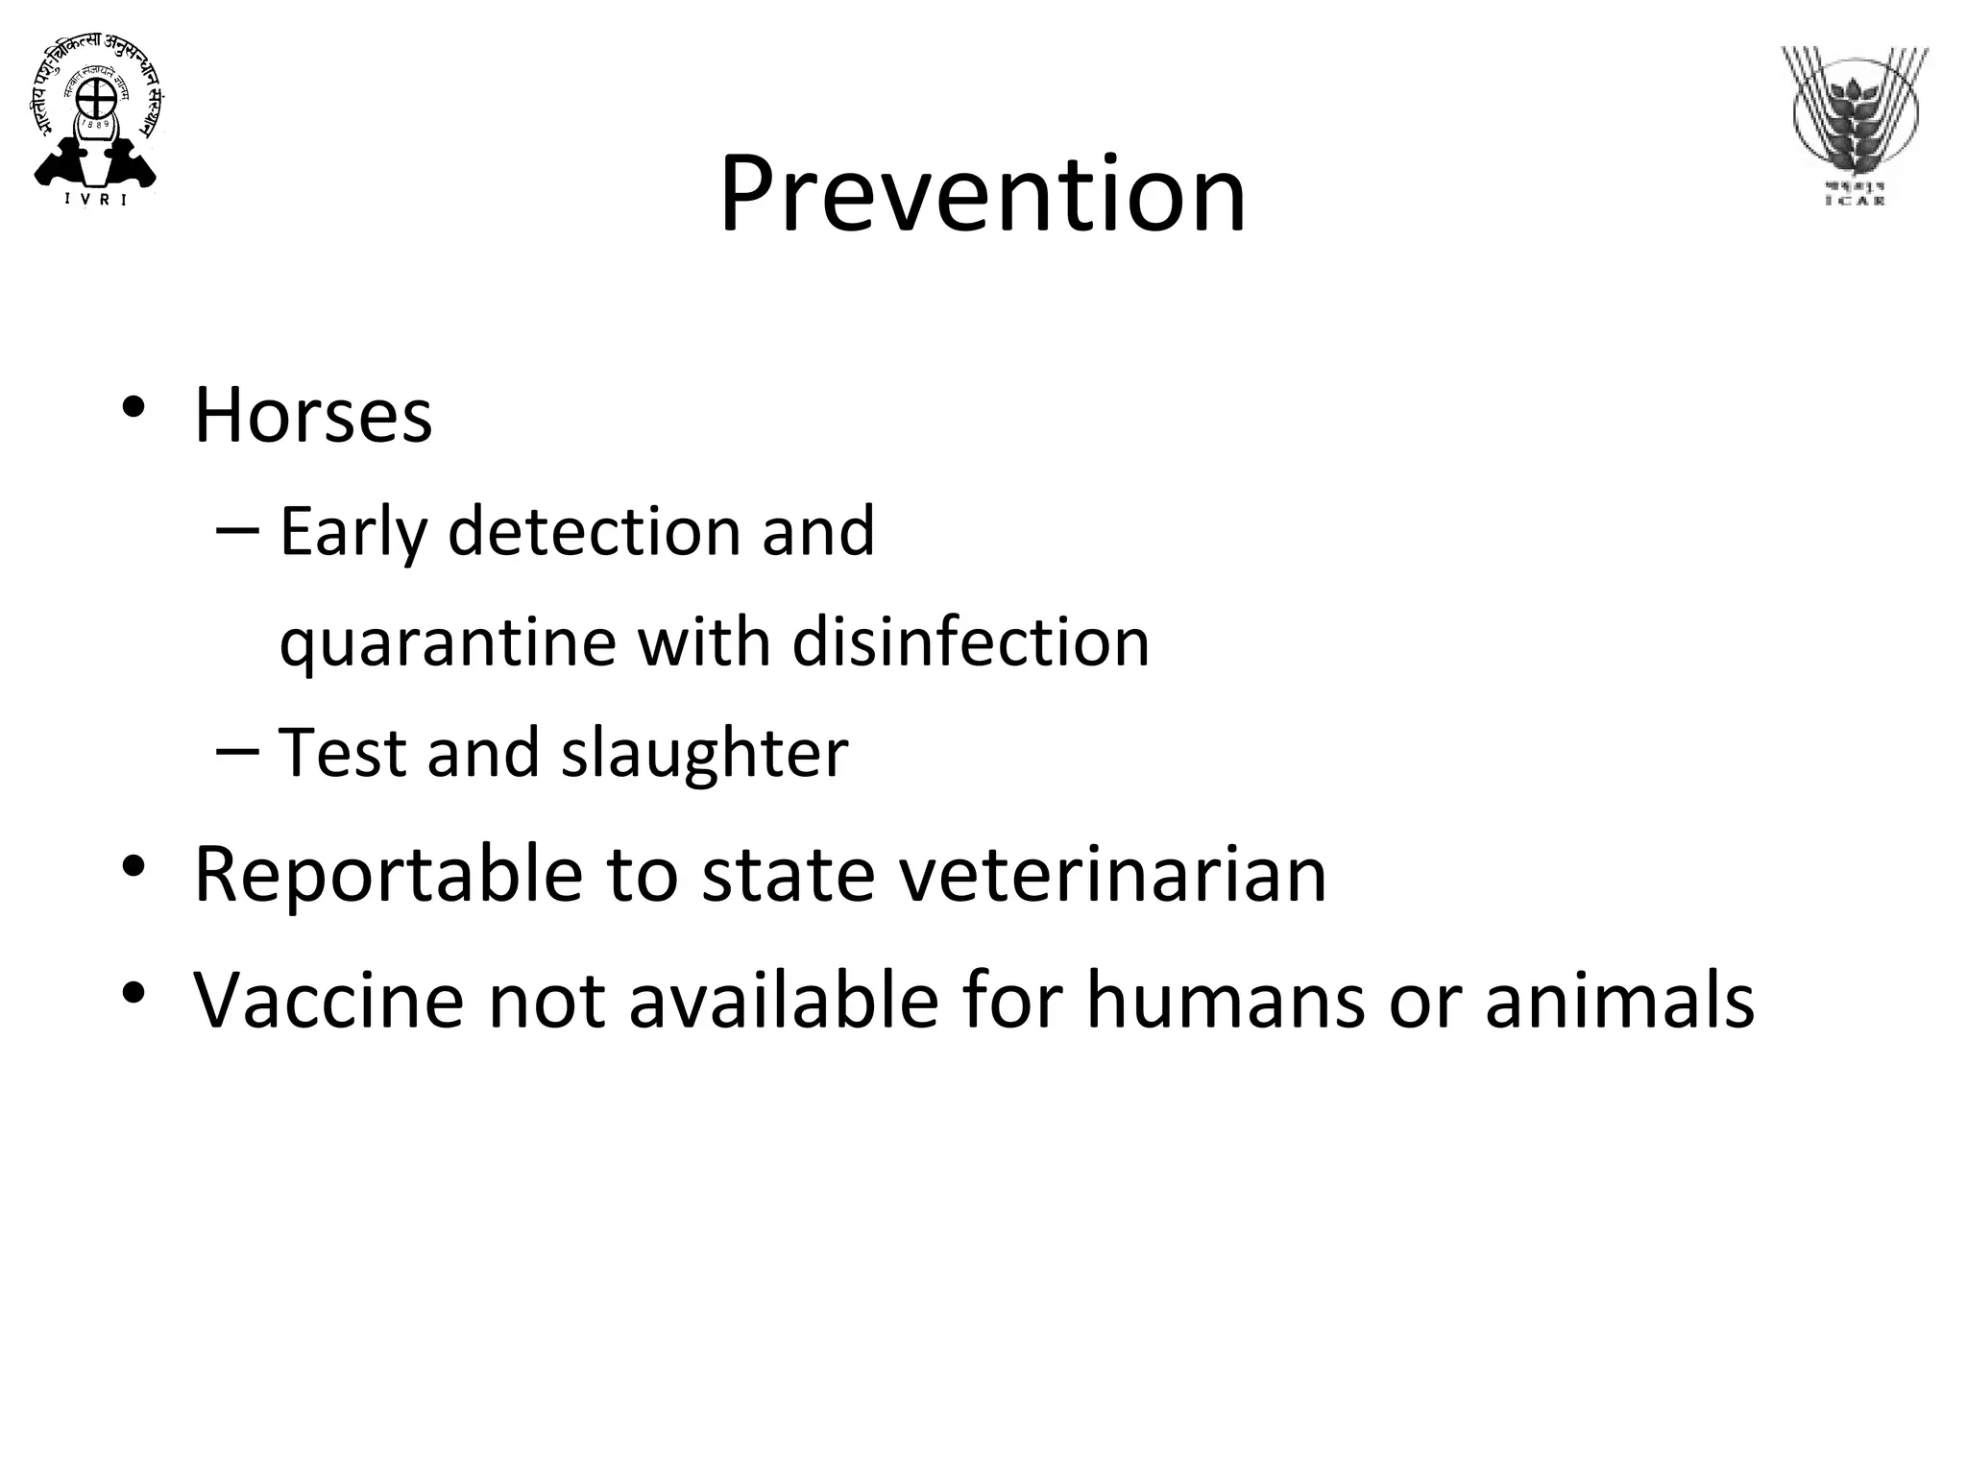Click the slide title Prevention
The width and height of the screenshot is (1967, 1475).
coord(983,194)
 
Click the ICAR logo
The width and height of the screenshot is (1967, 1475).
coord(1855,125)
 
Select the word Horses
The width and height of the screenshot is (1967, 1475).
coord(313,416)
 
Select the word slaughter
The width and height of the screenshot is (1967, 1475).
coord(705,753)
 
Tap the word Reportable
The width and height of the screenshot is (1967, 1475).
coord(388,875)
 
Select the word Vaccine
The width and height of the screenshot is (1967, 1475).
coord(329,1001)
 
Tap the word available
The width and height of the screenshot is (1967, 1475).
coord(784,1001)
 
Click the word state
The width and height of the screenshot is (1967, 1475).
coord(788,875)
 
